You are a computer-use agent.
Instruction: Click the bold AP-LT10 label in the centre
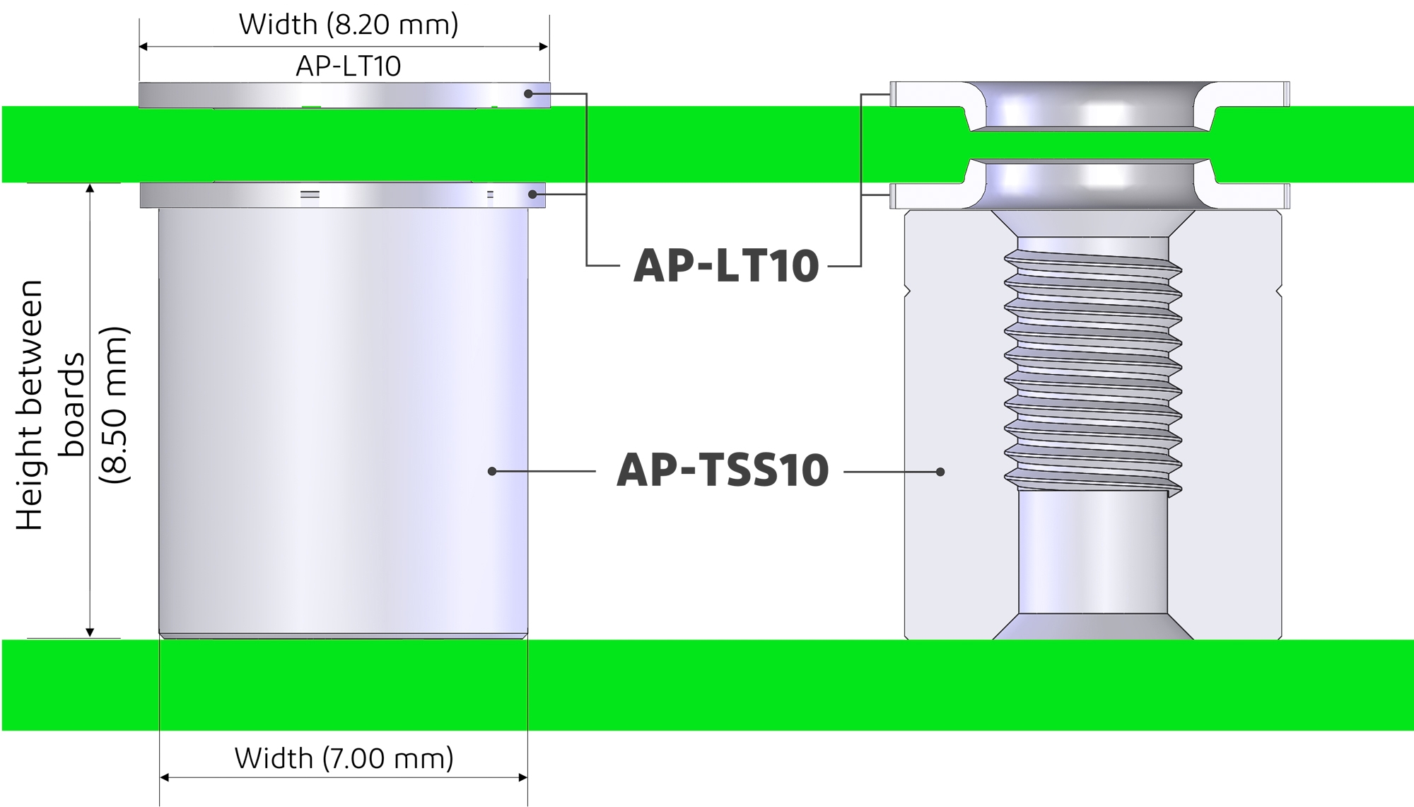pos(725,266)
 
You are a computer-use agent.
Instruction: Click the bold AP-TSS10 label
pos(723,471)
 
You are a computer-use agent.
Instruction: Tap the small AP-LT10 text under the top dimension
pos(348,66)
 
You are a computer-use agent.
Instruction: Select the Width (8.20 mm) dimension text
pos(349,24)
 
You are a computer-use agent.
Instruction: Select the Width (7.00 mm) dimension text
pos(344,758)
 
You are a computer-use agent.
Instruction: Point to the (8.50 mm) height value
pos(115,405)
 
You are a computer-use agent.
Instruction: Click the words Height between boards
pos(49,405)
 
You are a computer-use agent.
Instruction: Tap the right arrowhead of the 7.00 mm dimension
pos(523,777)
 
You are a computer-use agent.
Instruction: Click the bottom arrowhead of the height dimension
pos(90,632)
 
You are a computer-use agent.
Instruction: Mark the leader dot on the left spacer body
pos(491,471)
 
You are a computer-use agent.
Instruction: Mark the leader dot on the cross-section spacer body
pos(940,472)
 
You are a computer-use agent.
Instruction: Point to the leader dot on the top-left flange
pos(528,93)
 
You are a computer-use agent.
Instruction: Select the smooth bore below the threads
pos(1092,552)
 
